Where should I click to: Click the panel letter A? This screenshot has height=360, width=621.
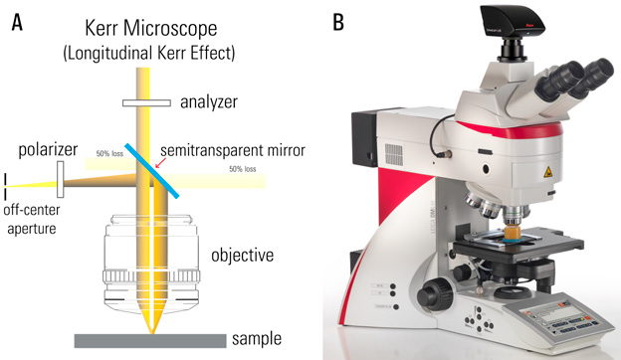tap(16, 20)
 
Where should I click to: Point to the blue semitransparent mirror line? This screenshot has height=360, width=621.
tap(153, 171)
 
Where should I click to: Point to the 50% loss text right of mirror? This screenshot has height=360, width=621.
tap(242, 170)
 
